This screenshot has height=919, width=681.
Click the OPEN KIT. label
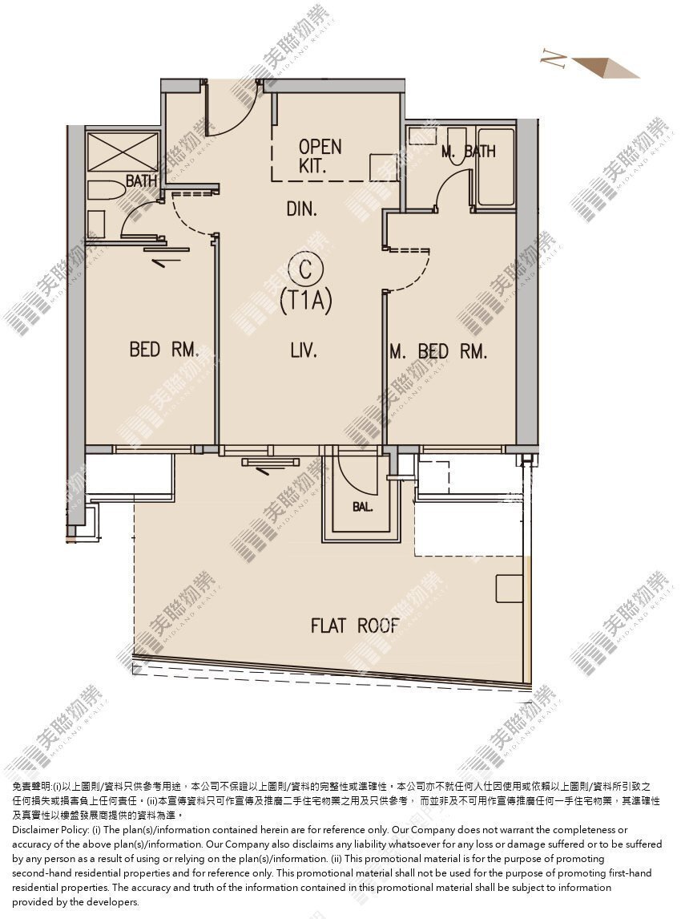[320, 156]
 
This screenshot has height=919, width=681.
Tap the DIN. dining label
[301, 208]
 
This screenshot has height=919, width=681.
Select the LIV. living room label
[304, 350]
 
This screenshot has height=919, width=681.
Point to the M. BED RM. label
[438, 351]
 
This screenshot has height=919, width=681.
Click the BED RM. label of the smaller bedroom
[164, 350]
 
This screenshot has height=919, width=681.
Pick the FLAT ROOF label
[355, 625]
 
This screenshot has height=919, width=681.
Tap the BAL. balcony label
[362, 507]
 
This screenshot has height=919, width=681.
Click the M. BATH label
[469, 152]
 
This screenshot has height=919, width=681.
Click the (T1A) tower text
[306, 301]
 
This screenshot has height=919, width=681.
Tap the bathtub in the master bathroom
[495, 168]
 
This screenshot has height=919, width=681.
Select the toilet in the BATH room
[106, 191]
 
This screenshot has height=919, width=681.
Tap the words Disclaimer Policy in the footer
[50, 830]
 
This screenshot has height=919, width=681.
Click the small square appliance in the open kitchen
[382, 167]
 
